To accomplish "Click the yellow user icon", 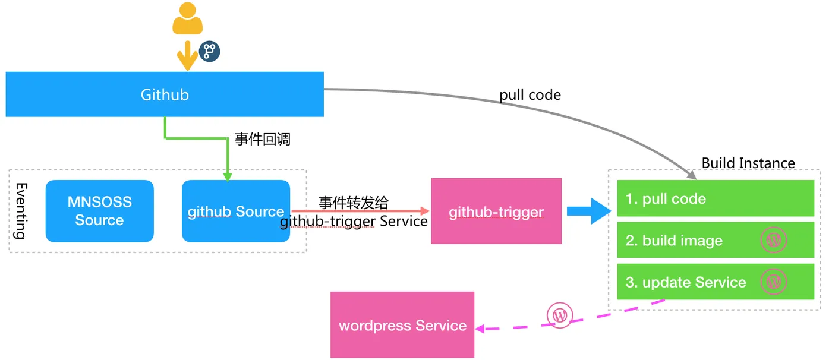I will tap(187, 18).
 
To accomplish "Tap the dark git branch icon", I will tap(209, 51).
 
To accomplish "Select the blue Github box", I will tap(165, 94).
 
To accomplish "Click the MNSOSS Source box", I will tap(99, 211).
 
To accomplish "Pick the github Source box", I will tap(236, 211).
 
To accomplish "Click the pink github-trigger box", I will tap(496, 211).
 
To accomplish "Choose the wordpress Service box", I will tap(402, 326).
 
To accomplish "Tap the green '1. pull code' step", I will tap(716, 198).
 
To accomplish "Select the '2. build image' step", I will tap(716, 240).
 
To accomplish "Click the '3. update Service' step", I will tap(716, 282).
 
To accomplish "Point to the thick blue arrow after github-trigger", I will tap(589, 211).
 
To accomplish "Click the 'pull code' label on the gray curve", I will tap(530, 95).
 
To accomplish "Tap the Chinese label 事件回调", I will tap(263, 140).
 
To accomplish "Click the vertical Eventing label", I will tap(21, 211).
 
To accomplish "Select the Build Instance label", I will tap(748, 163).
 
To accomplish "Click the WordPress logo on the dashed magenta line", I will tap(560, 315).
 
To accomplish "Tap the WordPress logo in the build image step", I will tap(774, 240).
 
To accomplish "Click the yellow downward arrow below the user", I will tap(187, 56).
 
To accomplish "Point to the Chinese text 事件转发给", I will tap(354, 202).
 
